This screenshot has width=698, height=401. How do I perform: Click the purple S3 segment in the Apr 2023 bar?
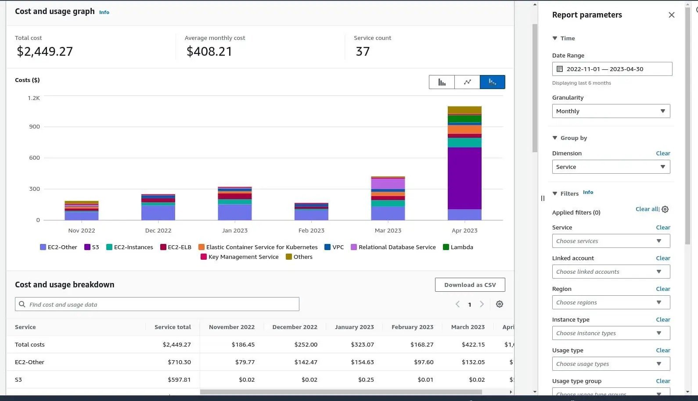(x=464, y=178)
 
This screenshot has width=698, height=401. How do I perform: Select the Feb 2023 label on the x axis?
(x=311, y=230)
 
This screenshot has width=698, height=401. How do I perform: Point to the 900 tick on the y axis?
(x=34, y=126)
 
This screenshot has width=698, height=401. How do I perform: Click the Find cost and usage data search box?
(x=157, y=304)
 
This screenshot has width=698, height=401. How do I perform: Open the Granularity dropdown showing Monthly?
(x=611, y=111)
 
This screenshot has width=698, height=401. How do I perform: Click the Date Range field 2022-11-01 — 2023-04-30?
(x=612, y=69)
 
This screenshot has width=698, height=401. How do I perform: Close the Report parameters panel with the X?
(x=671, y=15)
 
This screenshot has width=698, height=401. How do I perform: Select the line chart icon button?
(x=467, y=82)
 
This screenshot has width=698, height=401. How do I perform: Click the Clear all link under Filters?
(x=647, y=209)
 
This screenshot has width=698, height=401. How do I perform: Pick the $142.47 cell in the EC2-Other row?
(x=306, y=362)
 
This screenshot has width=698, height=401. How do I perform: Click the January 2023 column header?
(x=354, y=327)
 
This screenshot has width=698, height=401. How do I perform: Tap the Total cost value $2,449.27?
(x=45, y=51)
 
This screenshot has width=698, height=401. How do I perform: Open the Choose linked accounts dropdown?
(x=611, y=272)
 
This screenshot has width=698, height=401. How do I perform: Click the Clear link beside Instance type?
(x=663, y=319)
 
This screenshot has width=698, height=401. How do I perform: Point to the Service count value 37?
(x=363, y=51)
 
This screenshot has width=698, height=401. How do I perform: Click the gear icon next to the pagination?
(x=499, y=304)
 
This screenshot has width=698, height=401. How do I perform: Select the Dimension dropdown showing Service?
(x=611, y=167)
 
